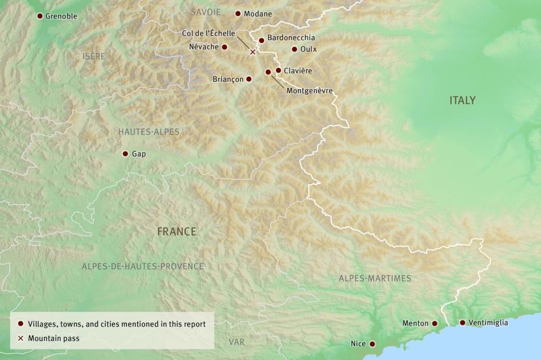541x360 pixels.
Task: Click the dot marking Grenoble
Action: tap(39, 16)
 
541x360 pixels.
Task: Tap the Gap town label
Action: tap(139, 154)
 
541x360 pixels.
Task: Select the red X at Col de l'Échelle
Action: tap(253, 52)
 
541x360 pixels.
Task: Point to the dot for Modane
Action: tap(238, 13)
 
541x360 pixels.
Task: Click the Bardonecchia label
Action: tap(291, 38)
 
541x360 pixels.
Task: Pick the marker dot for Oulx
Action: tap(295, 49)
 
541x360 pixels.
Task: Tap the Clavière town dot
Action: tap(279, 70)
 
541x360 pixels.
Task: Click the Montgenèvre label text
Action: tap(309, 90)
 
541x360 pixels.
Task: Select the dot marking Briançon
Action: tap(249, 79)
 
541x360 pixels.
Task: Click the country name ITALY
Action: tap(462, 101)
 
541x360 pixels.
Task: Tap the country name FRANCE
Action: tap(177, 232)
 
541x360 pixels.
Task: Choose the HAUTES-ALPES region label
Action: tap(149, 132)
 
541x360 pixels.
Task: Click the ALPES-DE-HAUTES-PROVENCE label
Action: tap(142, 266)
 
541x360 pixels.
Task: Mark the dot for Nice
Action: tap(372, 344)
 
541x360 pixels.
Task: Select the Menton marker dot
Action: tap(435, 323)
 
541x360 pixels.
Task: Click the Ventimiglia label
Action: tap(488, 323)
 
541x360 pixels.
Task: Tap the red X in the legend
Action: tap(21, 338)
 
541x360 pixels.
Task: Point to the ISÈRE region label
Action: tap(94, 56)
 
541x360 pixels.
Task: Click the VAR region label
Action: tap(236, 342)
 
